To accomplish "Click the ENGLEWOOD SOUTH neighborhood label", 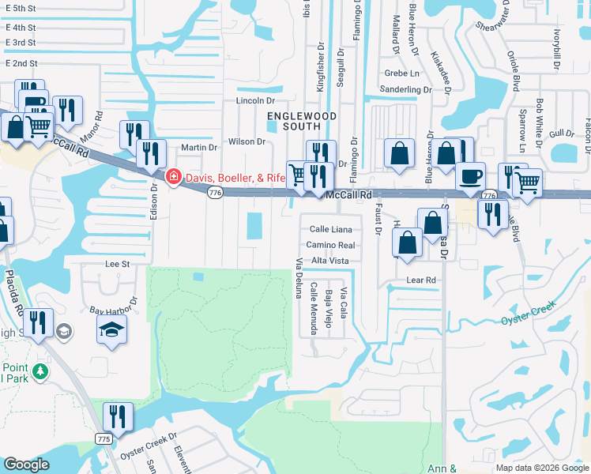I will click(301, 121).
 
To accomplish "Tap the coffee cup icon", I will click(472, 176).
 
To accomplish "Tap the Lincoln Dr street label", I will click(254, 101).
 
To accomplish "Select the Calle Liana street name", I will click(330, 229).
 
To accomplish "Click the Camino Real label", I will click(330, 245).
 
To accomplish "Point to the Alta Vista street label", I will click(329, 261).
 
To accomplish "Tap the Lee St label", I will click(117, 264).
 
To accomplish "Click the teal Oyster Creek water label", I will click(529, 320).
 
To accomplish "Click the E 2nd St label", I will click(21, 63).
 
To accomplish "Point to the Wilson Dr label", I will click(247, 141).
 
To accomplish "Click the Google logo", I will click(26, 465).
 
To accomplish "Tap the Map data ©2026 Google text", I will click(541, 468).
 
